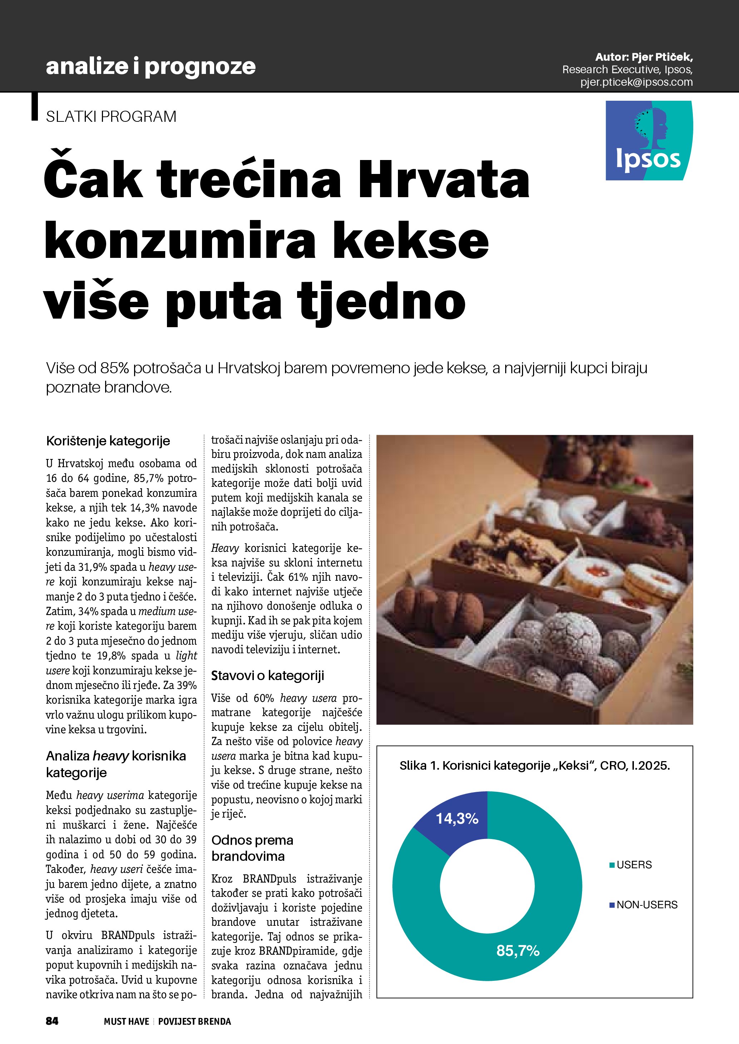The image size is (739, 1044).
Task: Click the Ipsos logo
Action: (x=649, y=140)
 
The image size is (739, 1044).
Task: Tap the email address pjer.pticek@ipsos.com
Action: (x=636, y=82)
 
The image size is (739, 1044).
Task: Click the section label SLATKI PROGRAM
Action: (x=111, y=117)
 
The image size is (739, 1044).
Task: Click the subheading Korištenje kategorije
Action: (x=108, y=441)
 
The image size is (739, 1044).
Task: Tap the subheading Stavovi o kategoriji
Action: (x=267, y=676)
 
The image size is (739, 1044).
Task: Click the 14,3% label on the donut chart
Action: (x=457, y=819)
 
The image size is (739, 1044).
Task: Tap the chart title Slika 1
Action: (x=534, y=766)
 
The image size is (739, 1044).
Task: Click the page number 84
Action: (x=52, y=1021)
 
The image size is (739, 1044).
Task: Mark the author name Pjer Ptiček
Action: (x=662, y=57)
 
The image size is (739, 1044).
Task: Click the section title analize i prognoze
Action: (x=151, y=66)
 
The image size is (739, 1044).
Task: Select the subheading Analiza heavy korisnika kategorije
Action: (x=116, y=764)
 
